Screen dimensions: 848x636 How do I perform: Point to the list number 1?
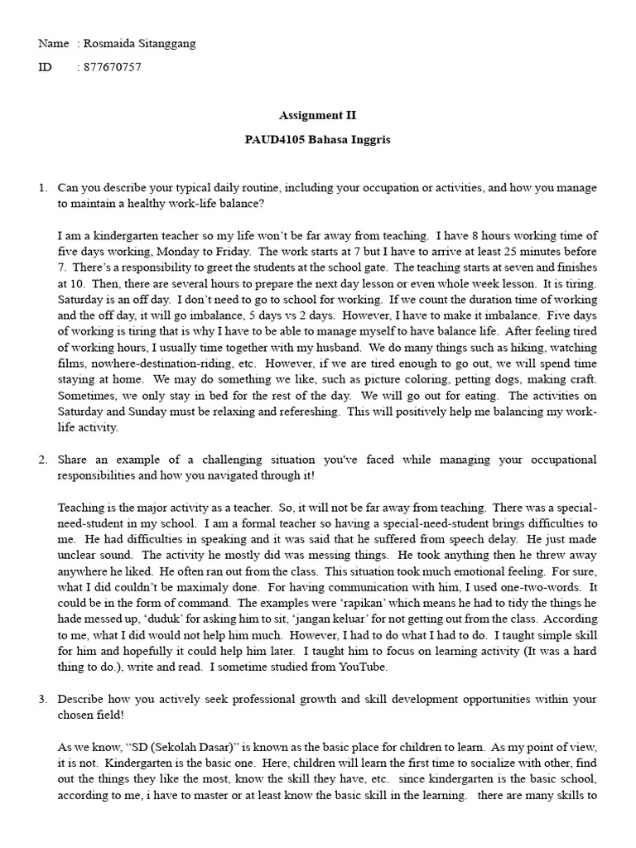point(43,188)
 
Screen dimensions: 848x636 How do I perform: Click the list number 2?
point(43,459)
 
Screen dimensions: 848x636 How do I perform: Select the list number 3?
point(43,699)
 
